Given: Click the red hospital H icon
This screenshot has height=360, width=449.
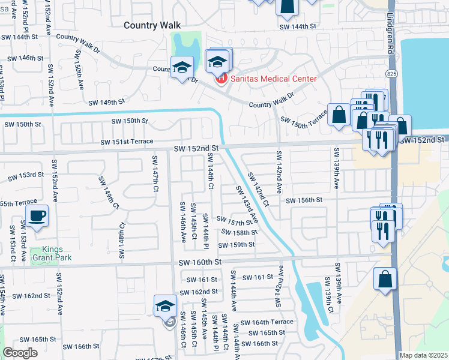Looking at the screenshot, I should click(221, 78).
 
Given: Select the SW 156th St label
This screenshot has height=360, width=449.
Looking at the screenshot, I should click(304, 200).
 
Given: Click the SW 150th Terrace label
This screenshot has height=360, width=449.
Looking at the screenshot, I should click(304, 119).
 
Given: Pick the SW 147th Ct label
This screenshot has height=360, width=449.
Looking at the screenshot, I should click(155, 173).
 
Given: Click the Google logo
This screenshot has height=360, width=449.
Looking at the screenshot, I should click(20, 353).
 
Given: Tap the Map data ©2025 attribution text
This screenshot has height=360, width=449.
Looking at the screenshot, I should click(423, 355).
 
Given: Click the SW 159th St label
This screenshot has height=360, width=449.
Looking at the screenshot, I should click(237, 245).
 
